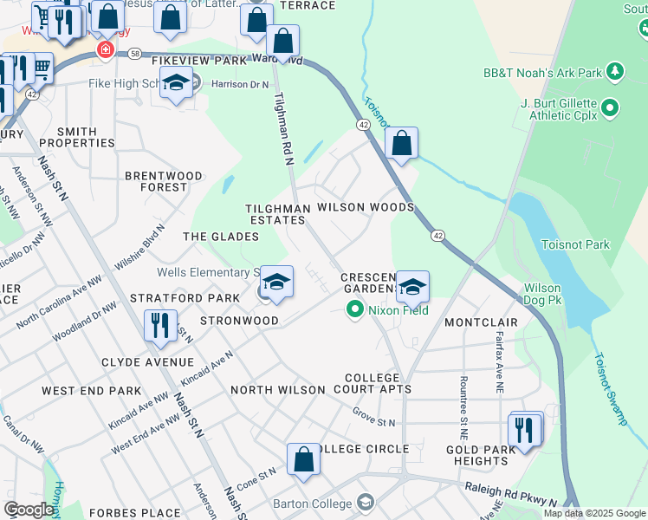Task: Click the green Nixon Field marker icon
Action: pos(354,309)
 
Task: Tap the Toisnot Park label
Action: pos(575,245)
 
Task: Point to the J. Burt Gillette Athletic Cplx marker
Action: pos(609,108)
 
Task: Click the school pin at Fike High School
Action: pos(177,84)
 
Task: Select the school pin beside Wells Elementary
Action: pos(276,283)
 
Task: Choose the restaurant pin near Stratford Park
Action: pos(159,326)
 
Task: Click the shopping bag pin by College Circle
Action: pos(303,460)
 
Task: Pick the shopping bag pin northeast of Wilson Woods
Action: pos(401,144)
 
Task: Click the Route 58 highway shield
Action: pos(135,54)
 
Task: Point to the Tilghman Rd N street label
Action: pos(283,128)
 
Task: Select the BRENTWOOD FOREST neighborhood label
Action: pos(164,181)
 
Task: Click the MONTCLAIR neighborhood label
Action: pos(481,322)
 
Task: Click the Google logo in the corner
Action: pos(29,510)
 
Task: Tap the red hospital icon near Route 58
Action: pos(106,50)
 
